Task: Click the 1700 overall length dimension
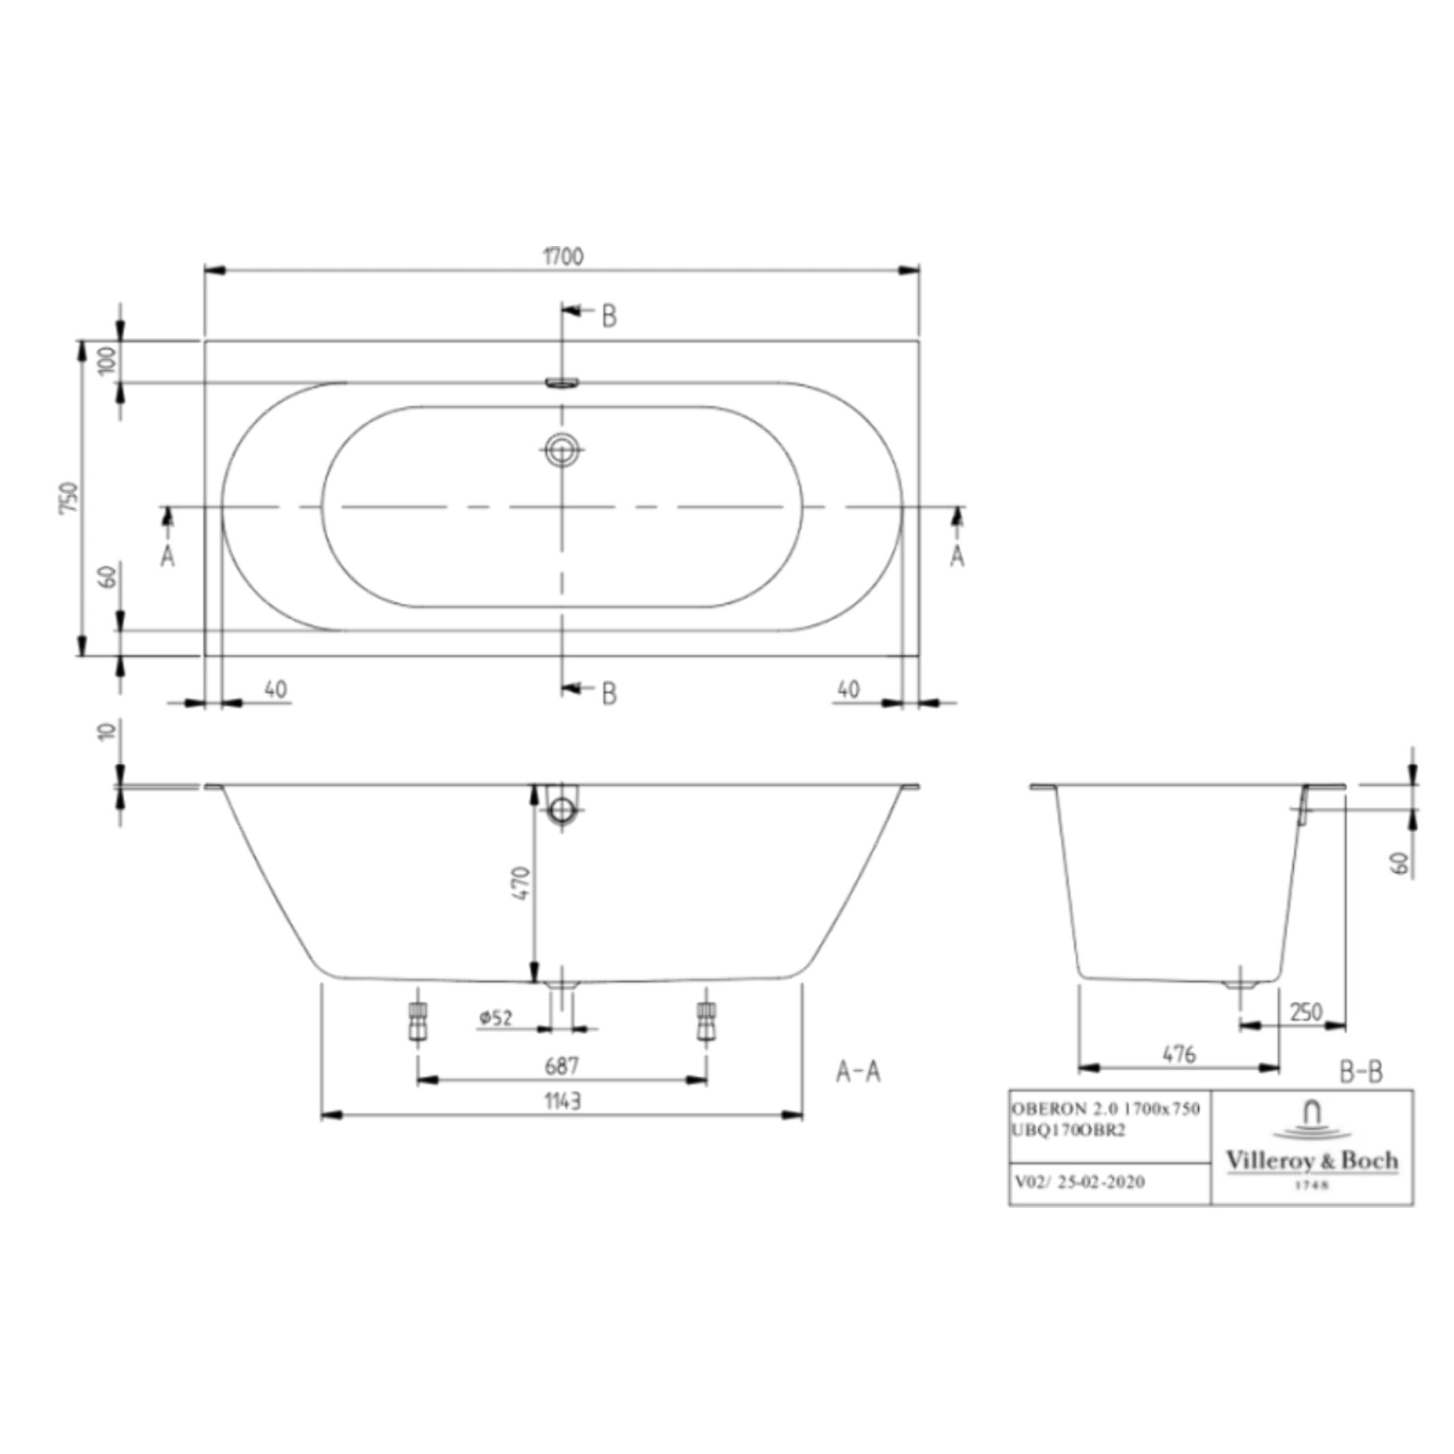[x=563, y=257]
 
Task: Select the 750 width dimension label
[x=71, y=498]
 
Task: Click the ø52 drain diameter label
[x=496, y=1018]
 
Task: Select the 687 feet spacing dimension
[x=561, y=1066]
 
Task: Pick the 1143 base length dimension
[x=563, y=1101]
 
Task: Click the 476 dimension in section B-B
[x=1179, y=1054]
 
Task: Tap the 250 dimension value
[x=1306, y=1012]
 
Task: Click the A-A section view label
[x=858, y=1072]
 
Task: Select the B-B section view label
[x=1361, y=1072]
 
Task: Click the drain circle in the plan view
[x=562, y=449]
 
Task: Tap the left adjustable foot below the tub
[x=418, y=1022]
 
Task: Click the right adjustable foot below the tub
[x=706, y=1022]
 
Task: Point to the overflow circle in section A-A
[x=562, y=810]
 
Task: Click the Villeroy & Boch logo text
[x=1311, y=1161]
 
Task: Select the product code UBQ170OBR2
[x=1068, y=1130]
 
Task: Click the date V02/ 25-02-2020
[x=1079, y=1181]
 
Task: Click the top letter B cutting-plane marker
[x=609, y=317]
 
